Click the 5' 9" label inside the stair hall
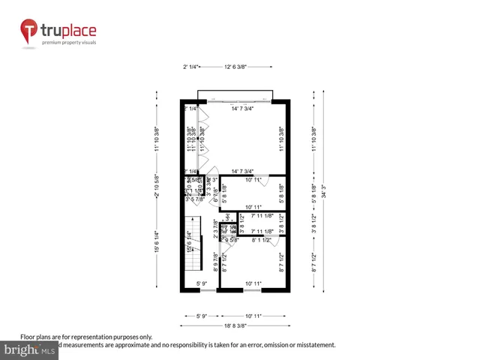click(202, 283)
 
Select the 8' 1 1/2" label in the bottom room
click(261, 241)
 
